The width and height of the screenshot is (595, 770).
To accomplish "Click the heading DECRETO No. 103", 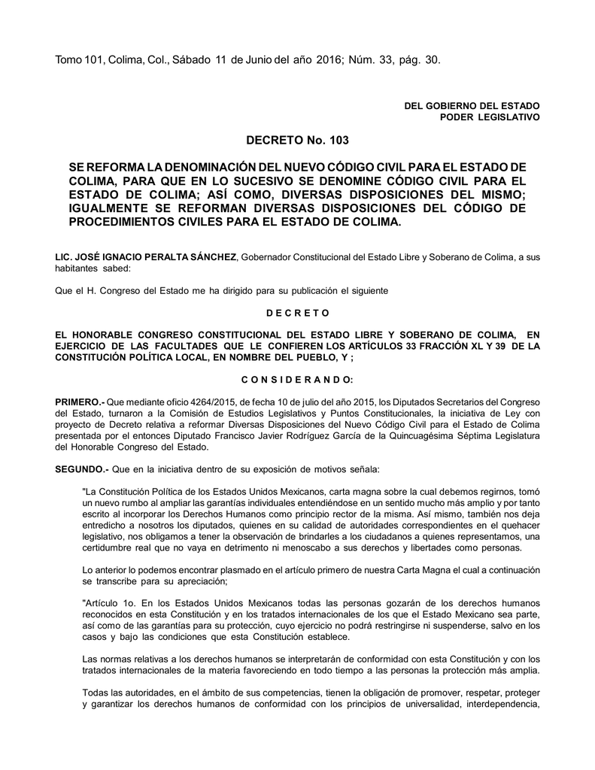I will [x=297, y=140].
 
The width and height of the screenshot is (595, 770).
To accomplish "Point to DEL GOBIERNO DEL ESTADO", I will [x=472, y=106].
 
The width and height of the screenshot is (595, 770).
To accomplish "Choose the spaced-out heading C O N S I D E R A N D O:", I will [x=297, y=379].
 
